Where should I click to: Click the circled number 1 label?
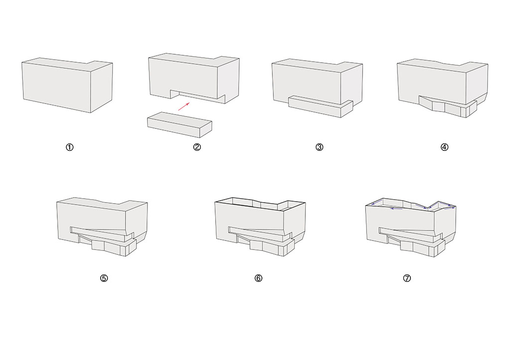[x=70, y=147]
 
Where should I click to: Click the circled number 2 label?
[x=197, y=147]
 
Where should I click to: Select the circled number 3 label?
[x=319, y=147]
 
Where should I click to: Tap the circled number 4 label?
[x=445, y=147]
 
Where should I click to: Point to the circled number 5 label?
[x=104, y=278]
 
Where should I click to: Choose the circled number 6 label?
[x=258, y=278]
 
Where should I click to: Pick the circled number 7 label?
[x=407, y=278]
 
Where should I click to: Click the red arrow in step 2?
[x=184, y=107]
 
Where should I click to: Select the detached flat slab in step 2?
[x=179, y=125]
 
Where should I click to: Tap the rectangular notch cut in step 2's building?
[x=198, y=95]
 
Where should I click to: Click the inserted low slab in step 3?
[x=321, y=107]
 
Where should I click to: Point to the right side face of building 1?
[x=102, y=88]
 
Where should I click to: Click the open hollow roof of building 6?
[x=260, y=205]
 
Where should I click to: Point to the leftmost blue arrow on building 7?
[x=378, y=203]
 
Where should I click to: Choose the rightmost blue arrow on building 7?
[x=449, y=208]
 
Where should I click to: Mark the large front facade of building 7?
[x=400, y=221]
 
